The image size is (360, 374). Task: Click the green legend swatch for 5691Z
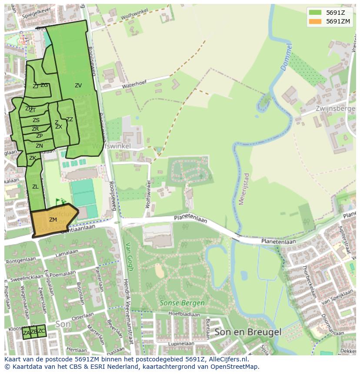click(x=315, y=13)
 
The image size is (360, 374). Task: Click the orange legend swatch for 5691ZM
click(x=315, y=21)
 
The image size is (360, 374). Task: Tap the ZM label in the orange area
click(x=53, y=220)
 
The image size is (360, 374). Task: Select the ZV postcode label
click(x=78, y=86)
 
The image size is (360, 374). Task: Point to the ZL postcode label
click(x=35, y=187)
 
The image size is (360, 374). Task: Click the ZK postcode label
click(x=33, y=158)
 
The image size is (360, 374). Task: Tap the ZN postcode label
click(x=39, y=146)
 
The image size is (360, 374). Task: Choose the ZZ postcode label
click(x=70, y=119)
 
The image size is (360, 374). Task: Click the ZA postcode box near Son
click(x=27, y=333)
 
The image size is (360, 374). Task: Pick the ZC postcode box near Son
click(x=41, y=331)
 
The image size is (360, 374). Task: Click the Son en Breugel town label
click(x=248, y=332)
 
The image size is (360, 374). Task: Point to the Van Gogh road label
click(x=129, y=262)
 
